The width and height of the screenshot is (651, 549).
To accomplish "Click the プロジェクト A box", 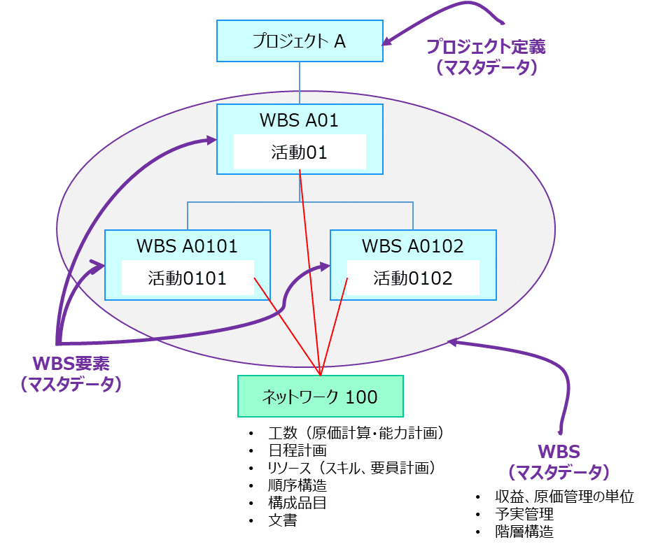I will [x=300, y=41].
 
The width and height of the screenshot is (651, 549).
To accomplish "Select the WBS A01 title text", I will [x=299, y=120].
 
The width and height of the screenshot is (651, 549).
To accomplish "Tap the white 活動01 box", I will [x=300, y=152].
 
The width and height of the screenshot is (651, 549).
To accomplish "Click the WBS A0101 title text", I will [x=187, y=245].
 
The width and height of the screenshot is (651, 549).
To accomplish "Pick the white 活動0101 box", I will [x=187, y=278].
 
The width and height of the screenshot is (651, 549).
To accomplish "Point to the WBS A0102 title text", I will [x=412, y=245].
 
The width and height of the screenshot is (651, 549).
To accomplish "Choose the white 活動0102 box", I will [x=412, y=278].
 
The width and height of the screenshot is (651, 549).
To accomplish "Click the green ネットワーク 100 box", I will [x=320, y=397].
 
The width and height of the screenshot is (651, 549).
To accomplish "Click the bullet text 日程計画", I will [x=297, y=451].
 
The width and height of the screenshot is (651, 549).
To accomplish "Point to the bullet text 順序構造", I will [x=297, y=485].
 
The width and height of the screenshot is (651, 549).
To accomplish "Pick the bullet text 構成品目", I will [x=297, y=503].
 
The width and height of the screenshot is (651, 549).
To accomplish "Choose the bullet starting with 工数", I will [x=356, y=434].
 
